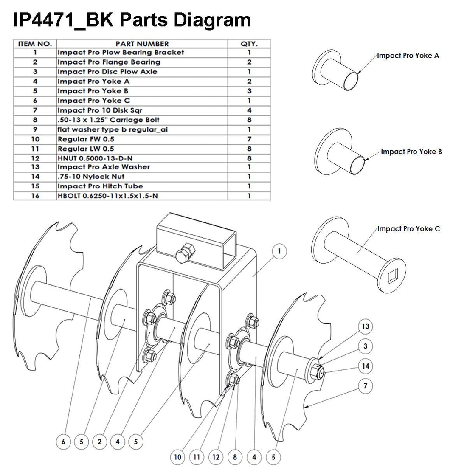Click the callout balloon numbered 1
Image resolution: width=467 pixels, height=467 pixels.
point(279,251)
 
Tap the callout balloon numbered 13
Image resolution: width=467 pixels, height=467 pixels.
point(366,326)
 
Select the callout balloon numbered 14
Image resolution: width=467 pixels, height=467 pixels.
point(366,366)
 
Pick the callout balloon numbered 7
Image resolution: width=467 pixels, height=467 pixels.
point(366,386)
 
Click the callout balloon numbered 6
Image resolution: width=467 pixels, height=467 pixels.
point(63,442)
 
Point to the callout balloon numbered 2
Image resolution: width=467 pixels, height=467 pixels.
point(99,442)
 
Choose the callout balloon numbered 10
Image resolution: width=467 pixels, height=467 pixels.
point(178,457)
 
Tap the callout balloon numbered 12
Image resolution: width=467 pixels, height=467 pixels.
point(216,457)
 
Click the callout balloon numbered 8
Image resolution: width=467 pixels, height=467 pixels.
point(235,457)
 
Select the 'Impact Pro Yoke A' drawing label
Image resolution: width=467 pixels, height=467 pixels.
point(408,56)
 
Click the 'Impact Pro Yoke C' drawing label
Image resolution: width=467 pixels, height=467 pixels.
point(409,229)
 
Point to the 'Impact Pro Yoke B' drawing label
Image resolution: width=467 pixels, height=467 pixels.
point(411,152)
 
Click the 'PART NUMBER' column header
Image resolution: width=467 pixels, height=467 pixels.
point(142,44)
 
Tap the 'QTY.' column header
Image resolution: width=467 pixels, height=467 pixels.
point(249,44)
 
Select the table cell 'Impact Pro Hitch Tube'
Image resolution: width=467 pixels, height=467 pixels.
point(100,186)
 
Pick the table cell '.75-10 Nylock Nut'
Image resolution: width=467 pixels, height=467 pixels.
point(91,176)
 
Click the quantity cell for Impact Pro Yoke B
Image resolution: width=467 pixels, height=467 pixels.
point(249,91)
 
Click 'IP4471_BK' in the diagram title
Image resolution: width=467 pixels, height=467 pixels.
point(63,20)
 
